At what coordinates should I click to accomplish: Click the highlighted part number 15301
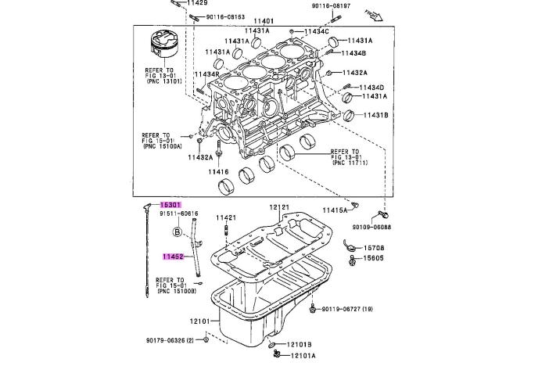171,203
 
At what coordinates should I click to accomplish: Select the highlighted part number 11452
173,256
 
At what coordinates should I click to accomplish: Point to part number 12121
279,208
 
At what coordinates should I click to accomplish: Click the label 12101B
298,344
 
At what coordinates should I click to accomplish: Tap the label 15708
371,248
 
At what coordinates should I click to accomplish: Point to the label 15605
371,258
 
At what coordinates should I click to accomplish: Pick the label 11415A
334,210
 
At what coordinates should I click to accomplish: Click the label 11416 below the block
218,171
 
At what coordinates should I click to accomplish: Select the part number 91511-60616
179,213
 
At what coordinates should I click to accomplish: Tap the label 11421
226,217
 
